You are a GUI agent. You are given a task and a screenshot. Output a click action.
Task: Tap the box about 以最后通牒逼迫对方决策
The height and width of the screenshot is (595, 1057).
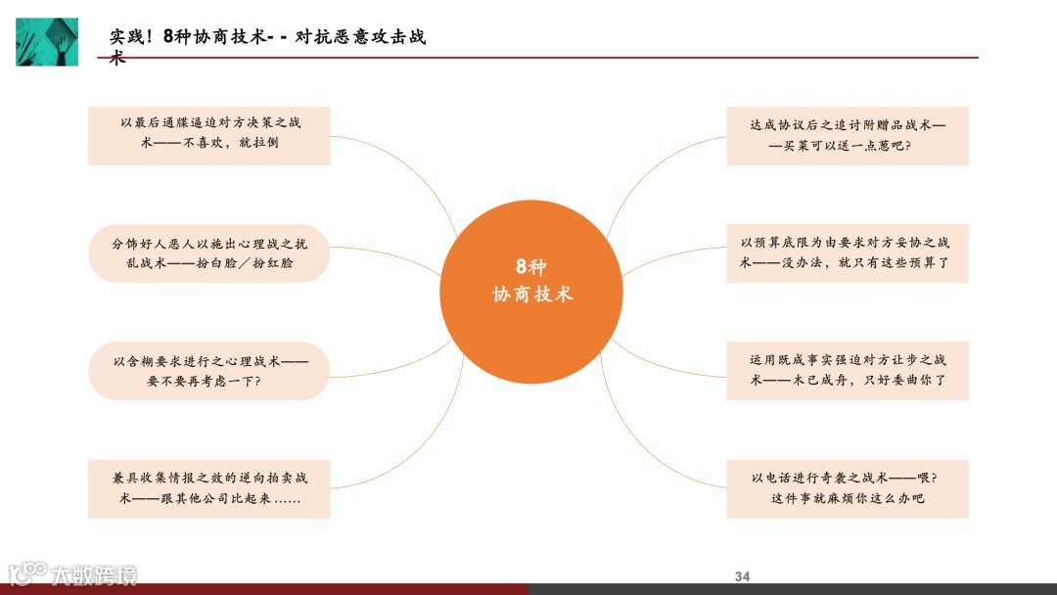coord(209,135)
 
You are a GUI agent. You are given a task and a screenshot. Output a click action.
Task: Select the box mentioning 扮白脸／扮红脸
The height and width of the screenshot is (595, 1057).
coord(209,252)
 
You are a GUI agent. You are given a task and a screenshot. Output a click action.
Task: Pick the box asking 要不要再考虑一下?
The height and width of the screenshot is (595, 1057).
coord(209,370)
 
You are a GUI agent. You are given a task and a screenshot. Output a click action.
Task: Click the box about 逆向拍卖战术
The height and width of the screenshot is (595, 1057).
coord(209,487)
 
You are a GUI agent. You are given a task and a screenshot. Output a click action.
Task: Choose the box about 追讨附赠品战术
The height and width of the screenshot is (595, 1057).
coord(848,135)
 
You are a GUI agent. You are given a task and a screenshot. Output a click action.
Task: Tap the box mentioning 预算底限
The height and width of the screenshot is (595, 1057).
coord(848,252)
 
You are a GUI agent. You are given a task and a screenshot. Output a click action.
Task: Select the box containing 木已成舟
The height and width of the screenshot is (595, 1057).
coord(848,370)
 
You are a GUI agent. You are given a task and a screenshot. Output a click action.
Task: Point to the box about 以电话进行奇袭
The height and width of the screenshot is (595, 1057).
coord(848,487)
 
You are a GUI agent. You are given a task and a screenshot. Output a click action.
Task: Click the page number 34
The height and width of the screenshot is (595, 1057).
coord(742,576)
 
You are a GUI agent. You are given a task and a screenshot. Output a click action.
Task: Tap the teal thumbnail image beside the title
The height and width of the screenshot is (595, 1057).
coord(47,41)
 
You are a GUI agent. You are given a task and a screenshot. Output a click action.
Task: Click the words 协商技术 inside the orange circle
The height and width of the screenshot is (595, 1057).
coord(531,294)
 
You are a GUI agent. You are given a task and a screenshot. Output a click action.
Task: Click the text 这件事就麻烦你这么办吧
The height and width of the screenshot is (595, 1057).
coord(848,498)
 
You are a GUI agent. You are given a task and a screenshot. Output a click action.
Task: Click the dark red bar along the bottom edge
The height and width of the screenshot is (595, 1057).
coord(264,589)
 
